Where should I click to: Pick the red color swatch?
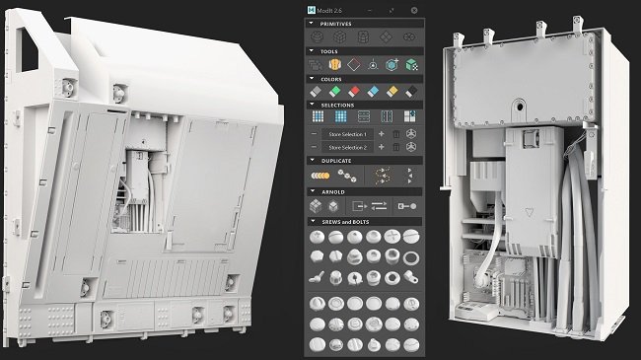point(354,92)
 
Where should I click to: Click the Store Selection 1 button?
point(346,133)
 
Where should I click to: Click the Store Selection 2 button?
point(346,147)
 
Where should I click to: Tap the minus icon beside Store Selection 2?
point(314,147)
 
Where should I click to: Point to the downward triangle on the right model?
point(533,210)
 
